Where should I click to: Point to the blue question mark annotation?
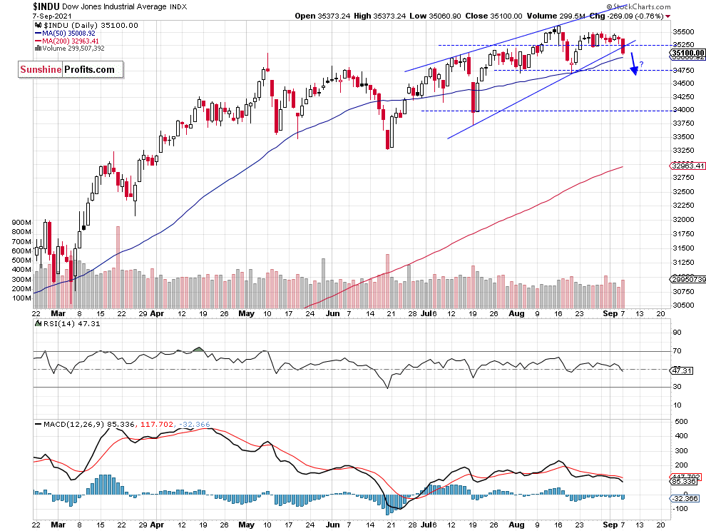pyautogui.click(x=642, y=65)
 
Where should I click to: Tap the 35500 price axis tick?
pyautogui.click(x=684, y=32)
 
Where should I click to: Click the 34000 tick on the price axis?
pyautogui.click(x=684, y=110)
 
